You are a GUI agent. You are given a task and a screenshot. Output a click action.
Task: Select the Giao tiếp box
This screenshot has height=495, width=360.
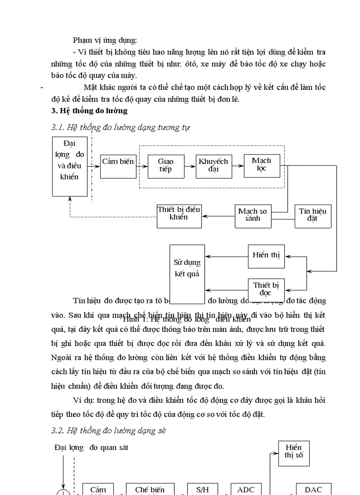coord(165,166)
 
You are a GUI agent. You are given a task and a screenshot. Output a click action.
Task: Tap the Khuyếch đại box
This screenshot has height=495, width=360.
coord(213,166)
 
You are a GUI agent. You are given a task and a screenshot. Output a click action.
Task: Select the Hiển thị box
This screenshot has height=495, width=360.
coord(266,256)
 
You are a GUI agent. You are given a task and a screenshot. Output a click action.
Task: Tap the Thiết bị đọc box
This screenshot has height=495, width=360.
coord(266,289)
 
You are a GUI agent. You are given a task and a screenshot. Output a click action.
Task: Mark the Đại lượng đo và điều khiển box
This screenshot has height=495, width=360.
coord(70,166)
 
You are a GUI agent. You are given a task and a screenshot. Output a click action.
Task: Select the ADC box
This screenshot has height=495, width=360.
coord(249,489)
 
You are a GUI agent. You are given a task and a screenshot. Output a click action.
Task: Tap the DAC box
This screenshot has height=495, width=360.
coord(313,489)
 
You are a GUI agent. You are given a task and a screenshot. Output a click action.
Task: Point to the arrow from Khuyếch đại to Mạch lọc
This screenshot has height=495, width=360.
coord(237,166)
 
